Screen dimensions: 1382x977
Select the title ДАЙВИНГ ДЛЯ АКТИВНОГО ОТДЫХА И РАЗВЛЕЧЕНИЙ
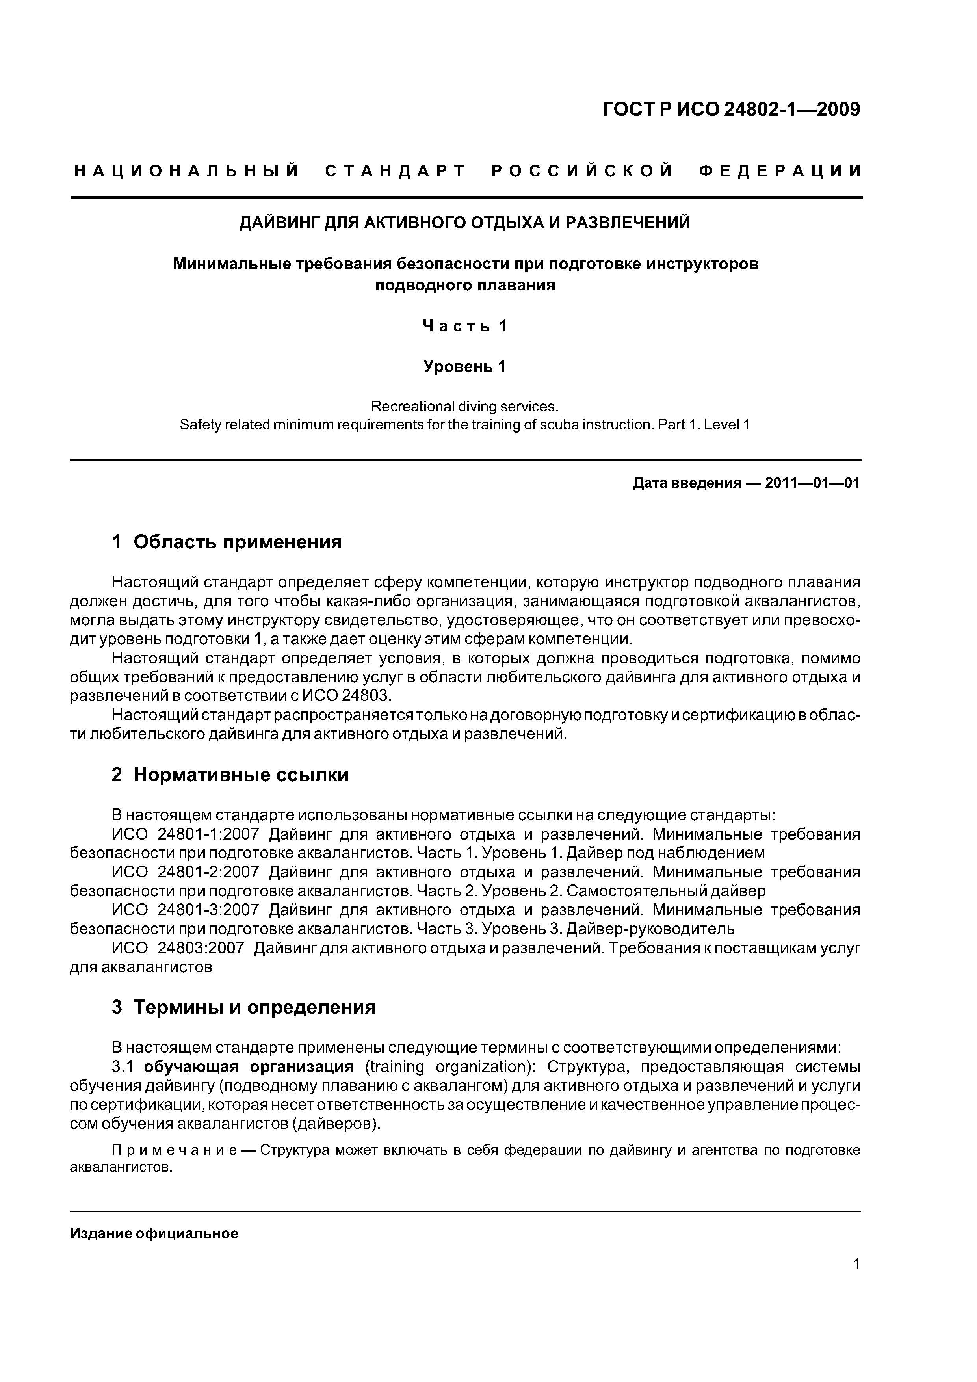(x=465, y=223)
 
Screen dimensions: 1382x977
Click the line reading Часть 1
(x=465, y=326)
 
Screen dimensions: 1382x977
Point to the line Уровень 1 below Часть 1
(x=465, y=366)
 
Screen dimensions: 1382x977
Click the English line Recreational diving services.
(x=465, y=406)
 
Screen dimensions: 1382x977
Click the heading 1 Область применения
(x=227, y=542)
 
